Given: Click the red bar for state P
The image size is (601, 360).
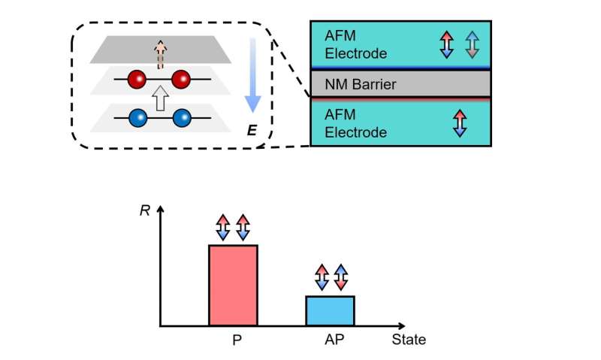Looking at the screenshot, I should click(x=233, y=286).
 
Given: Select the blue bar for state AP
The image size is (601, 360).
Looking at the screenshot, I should click(x=330, y=310).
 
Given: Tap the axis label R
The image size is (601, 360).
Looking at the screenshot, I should click(x=145, y=210).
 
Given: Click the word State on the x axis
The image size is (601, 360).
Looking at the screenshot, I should click(x=409, y=340).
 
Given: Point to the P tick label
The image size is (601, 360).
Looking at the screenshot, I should click(x=236, y=340).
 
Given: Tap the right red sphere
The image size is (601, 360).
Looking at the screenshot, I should click(x=181, y=79).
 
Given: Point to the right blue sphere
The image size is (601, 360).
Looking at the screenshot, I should click(x=181, y=119).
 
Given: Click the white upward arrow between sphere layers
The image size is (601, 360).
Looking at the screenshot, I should click(x=159, y=98).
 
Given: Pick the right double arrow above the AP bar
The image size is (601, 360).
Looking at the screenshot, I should click(x=341, y=277).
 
